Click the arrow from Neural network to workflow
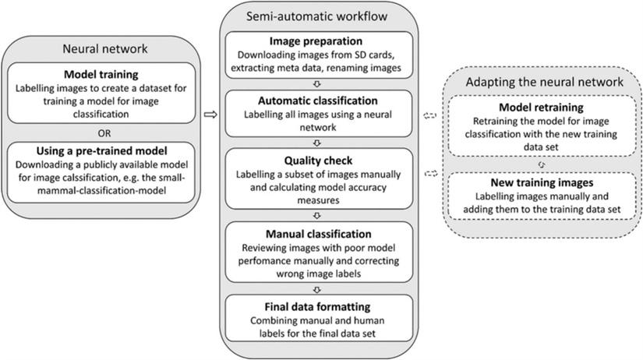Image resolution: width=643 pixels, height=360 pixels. click(209, 115)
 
